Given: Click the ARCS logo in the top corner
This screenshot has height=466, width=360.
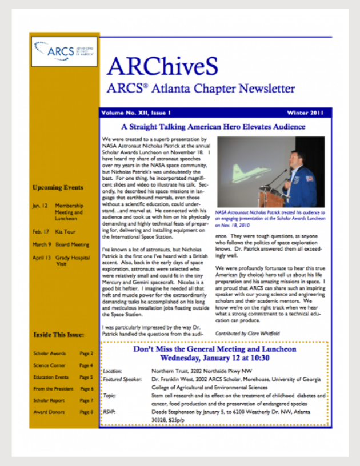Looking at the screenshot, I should point(64,52).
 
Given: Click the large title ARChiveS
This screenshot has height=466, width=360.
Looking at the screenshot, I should point(162,67).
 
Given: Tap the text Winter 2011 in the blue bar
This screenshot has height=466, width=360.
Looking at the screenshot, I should point(305,113).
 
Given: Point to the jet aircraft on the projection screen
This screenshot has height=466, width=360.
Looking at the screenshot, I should point(245,172).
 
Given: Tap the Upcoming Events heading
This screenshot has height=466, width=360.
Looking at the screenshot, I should point(58,187).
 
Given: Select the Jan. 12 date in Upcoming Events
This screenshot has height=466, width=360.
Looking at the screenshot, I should point(40,204).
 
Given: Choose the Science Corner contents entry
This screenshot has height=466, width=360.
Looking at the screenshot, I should point(49,365).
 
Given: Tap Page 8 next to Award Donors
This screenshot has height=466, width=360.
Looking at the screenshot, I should point(86,412).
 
